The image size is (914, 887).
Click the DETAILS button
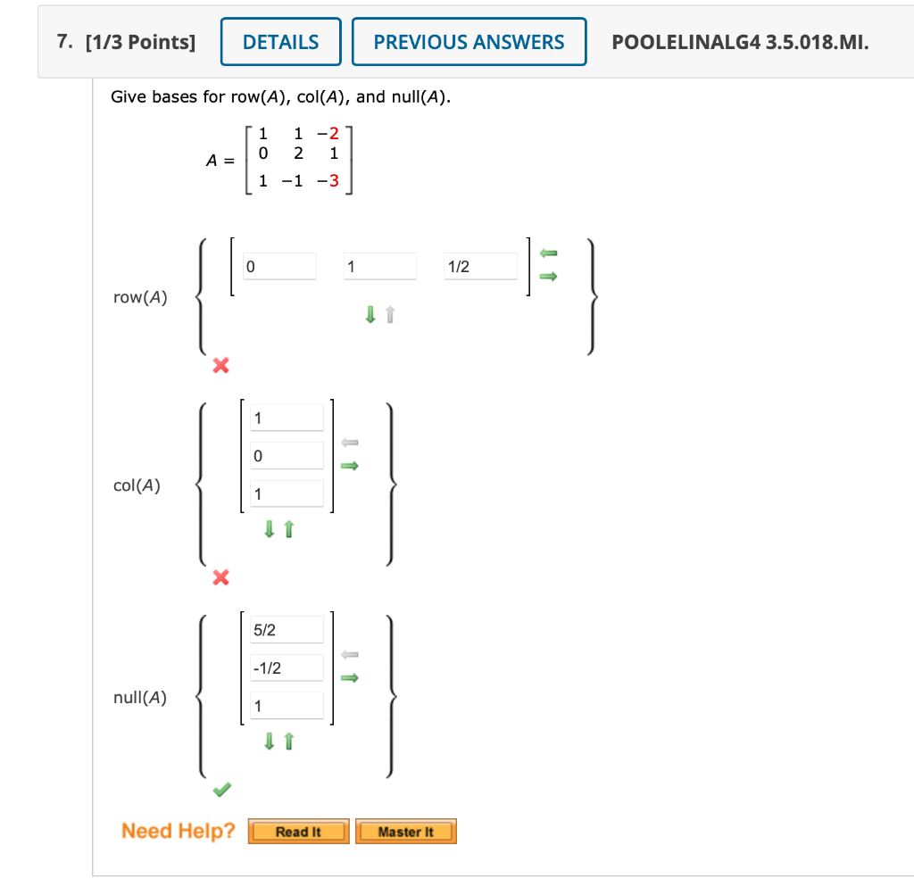[280, 42]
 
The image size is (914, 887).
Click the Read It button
[298, 832]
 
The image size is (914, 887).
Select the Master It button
[405, 832]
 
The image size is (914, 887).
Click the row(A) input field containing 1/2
[480, 267]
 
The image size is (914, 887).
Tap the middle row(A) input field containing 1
[379, 267]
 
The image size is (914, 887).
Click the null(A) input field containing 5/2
[286, 630]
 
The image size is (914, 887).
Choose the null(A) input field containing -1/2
[286, 668]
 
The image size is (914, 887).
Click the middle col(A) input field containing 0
[286, 456]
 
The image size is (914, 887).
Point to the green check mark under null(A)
[221, 790]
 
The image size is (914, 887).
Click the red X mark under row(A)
[220, 365]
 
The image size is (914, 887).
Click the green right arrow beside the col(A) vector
[350, 465]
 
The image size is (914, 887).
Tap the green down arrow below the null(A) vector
[269, 742]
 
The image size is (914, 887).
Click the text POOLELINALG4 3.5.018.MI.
[740, 42]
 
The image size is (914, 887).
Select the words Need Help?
[178, 832]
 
